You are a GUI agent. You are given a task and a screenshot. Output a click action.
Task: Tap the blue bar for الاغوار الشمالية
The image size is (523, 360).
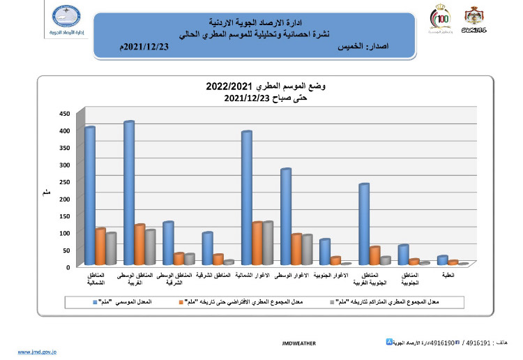(x=246, y=198)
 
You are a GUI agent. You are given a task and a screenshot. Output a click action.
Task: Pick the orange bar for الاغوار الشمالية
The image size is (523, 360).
(x=257, y=243)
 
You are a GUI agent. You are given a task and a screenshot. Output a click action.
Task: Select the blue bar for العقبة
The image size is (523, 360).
(x=441, y=260)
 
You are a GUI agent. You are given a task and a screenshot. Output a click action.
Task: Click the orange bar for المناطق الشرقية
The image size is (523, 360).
(x=218, y=260)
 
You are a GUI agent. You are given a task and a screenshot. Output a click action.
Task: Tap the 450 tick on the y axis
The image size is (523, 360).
(x=64, y=113)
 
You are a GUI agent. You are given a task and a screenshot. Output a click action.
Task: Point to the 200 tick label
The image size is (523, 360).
(x=64, y=199)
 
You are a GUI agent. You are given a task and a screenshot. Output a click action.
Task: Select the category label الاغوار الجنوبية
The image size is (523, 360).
(x=335, y=277)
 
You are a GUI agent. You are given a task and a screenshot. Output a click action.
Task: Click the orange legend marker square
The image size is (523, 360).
(x=181, y=302)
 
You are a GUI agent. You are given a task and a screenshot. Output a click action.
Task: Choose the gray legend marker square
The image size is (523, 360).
(x=331, y=302)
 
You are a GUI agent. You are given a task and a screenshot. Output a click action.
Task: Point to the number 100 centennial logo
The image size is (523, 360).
(x=442, y=18)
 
